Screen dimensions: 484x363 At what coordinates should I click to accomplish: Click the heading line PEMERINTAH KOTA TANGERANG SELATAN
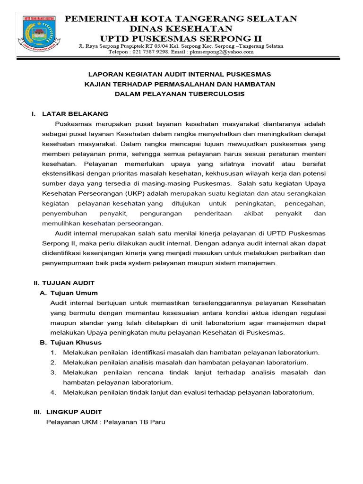(x=181, y=19)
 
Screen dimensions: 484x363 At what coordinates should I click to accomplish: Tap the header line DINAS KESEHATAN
(x=181, y=28)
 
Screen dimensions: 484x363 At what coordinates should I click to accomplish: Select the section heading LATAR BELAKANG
(x=75, y=114)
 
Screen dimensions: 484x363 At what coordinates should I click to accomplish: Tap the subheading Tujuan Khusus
(x=76, y=342)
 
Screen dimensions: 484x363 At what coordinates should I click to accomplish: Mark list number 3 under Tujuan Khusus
(x=53, y=372)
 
